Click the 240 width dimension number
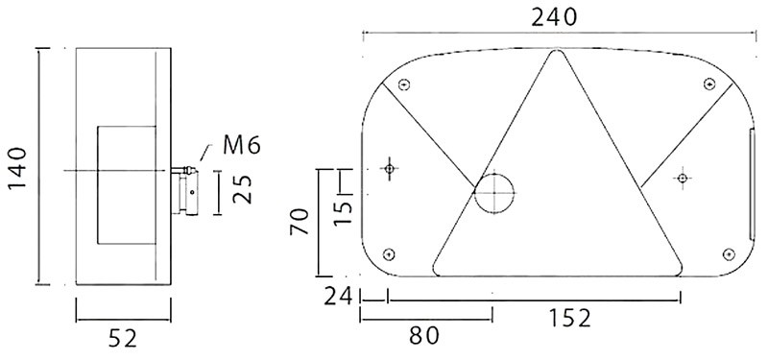554,18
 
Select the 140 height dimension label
18,168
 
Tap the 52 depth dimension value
123,339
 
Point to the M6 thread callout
242,146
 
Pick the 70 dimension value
300,222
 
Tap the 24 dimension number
338,297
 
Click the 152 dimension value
569,319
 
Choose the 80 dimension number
424,336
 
